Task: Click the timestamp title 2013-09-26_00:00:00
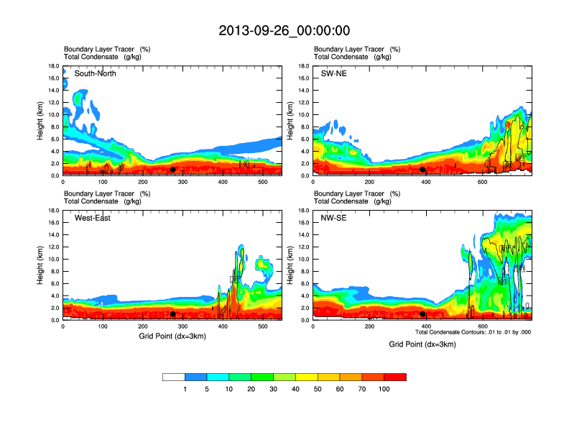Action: pos(284,30)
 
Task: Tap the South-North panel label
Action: pos(96,73)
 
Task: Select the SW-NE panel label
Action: pos(333,73)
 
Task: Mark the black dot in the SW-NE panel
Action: pos(422,170)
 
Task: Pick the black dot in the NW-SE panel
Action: pos(422,314)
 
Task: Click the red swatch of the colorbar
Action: pos(395,377)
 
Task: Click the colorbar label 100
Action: pos(384,389)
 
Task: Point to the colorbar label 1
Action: pos(185,389)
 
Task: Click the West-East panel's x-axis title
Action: pos(172,336)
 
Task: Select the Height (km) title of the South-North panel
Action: pos(41,120)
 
